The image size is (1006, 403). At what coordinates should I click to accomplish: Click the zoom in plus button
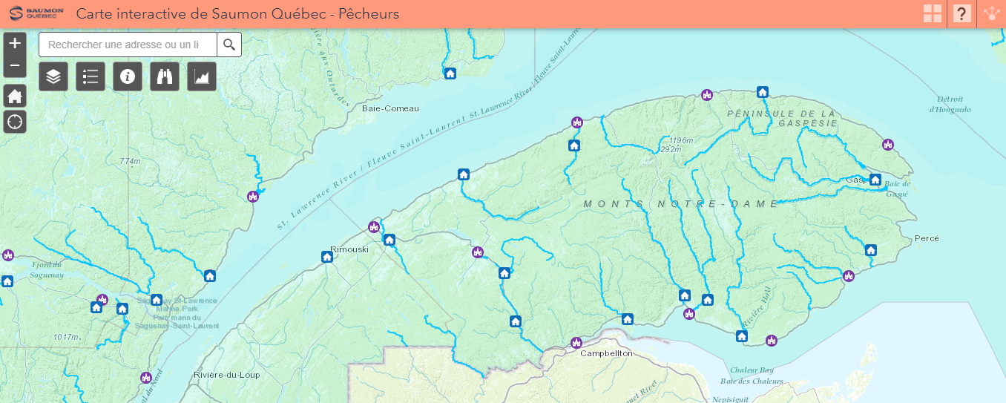click(x=15, y=43)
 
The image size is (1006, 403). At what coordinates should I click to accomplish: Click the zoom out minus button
click(x=15, y=66)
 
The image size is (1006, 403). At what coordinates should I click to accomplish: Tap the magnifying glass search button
click(x=229, y=45)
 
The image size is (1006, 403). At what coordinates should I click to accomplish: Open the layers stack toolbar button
click(x=53, y=76)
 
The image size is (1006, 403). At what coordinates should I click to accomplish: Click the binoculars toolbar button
click(x=165, y=76)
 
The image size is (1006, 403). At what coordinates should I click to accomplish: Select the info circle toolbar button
click(x=128, y=76)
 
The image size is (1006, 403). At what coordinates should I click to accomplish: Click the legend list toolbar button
click(x=91, y=76)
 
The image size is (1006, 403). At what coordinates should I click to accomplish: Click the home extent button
click(x=15, y=96)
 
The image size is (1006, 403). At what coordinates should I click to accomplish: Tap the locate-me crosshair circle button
click(x=15, y=121)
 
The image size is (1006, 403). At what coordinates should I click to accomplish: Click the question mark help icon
click(x=962, y=13)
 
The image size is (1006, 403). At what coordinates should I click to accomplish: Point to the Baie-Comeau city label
click(x=390, y=108)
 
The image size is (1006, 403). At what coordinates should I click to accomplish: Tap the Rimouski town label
click(x=349, y=249)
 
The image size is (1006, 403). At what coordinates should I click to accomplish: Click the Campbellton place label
click(x=606, y=353)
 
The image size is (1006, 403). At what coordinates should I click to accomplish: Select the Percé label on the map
click(x=927, y=238)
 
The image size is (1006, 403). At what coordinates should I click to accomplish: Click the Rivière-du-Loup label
click(x=226, y=375)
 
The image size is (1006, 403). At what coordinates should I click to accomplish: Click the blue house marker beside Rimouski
click(x=327, y=257)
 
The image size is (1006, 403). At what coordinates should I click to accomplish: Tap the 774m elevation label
click(x=130, y=161)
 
